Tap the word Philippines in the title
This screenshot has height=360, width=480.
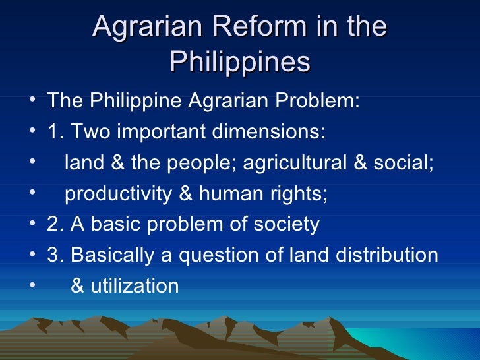tap(239, 62)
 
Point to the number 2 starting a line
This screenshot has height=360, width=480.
tap(52, 225)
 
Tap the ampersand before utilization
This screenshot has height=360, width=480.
tap(76, 286)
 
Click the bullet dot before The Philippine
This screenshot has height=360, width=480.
tap(33, 102)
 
